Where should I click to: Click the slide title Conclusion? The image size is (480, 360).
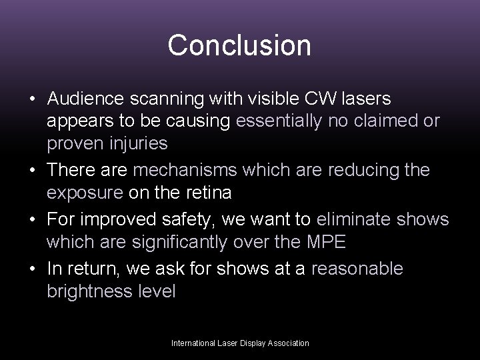click(239, 45)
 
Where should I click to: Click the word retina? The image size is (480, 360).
click(213, 193)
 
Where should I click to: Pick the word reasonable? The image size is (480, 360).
click(357, 269)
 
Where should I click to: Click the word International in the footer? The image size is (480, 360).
click(192, 343)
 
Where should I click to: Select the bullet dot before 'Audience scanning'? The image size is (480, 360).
click(32, 99)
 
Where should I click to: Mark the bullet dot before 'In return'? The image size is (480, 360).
click(32, 269)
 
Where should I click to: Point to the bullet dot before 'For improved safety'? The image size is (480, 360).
click(32, 220)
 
